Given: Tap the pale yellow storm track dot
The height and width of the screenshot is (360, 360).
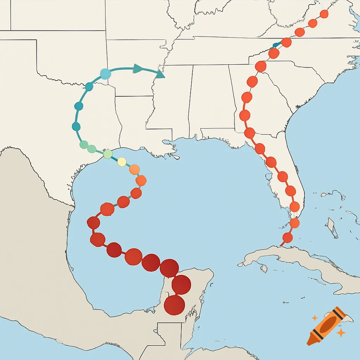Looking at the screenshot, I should [x=122, y=162].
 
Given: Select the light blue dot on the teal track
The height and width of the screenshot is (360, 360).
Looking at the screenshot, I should [x=105, y=74].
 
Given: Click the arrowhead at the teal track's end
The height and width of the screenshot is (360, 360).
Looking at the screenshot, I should [x=160, y=74].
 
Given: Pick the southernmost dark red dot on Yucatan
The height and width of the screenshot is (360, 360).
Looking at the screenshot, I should [x=174, y=305].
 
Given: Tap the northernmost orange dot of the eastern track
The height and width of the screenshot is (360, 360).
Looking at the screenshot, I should [x=324, y=14].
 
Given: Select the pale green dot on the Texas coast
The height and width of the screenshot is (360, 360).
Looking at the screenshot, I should [x=108, y=154].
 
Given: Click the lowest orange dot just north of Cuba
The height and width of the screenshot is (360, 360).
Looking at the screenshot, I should [x=288, y=238].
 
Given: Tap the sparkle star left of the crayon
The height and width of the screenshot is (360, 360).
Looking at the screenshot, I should [x=315, y=318].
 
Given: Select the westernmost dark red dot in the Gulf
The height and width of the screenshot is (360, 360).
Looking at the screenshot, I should [x=94, y=223].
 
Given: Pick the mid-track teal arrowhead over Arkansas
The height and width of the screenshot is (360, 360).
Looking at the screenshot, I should [x=138, y=69].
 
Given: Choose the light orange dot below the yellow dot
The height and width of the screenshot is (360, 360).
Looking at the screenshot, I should [x=134, y=169].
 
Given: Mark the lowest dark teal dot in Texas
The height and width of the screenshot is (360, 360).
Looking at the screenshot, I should [x=76, y=127].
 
